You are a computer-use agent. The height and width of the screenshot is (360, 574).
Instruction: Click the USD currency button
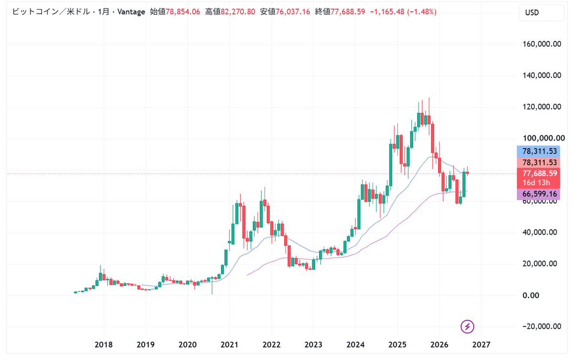click(541, 12)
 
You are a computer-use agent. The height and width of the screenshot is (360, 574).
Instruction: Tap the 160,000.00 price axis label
click(541, 44)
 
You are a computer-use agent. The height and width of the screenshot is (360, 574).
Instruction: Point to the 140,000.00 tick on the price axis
click(541, 75)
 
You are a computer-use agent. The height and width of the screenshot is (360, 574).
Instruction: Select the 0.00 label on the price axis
click(530, 295)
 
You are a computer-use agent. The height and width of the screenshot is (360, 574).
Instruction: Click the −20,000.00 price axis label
click(541, 326)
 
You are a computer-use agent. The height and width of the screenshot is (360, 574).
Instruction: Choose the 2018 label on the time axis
click(103, 345)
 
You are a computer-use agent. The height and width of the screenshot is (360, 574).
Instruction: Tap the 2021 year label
click(229, 345)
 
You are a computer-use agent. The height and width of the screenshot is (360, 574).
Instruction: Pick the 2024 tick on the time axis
click(355, 345)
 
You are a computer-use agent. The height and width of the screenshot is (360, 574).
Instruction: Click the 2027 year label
click(481, 345)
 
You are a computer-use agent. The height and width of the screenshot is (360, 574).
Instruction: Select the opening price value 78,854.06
click(183, 12)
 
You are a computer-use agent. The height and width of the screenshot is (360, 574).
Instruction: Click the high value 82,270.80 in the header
click(238, 12)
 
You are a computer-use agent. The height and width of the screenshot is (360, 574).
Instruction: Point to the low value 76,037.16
click(293, 12)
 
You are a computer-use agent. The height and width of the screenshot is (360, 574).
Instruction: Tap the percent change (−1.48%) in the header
click(421, 12)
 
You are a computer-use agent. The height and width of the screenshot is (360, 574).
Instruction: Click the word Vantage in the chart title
click(131, 12)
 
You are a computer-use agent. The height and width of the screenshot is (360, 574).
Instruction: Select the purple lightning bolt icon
click(467, 327)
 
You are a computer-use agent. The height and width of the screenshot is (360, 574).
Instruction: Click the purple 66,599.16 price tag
click(539, 194)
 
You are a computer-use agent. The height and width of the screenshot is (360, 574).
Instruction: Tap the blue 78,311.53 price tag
click(539, 152)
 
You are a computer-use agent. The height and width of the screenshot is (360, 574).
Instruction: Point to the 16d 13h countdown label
click(536, 183)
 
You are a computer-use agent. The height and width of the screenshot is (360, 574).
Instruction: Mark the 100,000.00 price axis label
click(544, 138)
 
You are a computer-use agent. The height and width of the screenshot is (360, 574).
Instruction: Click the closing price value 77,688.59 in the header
click(348, 12)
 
